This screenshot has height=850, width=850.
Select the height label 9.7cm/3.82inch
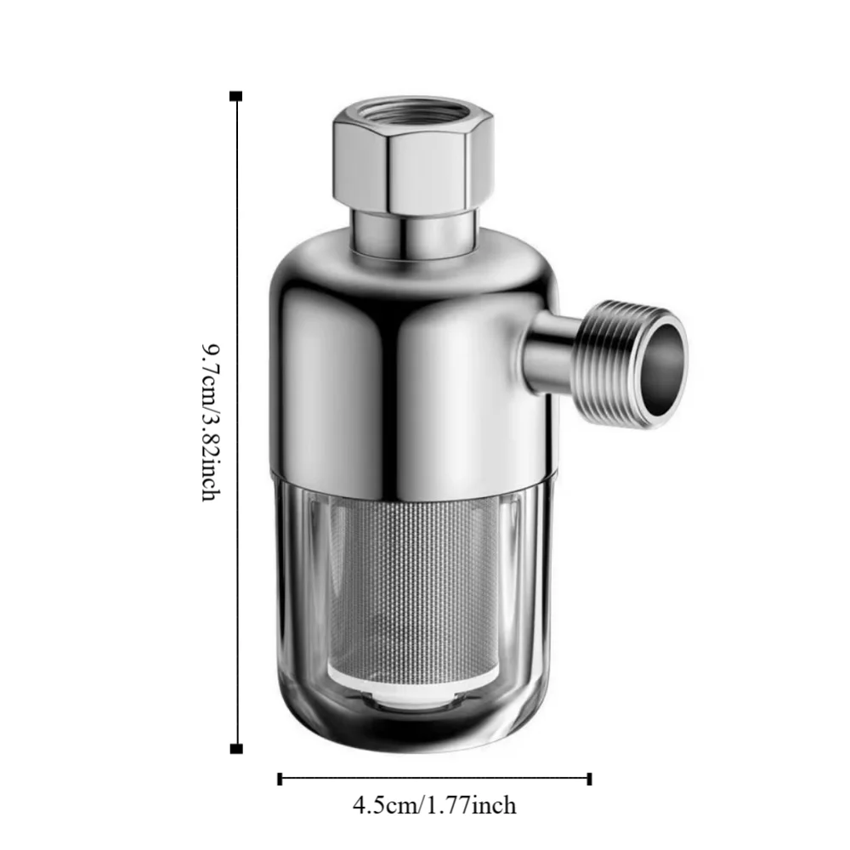click(x=212, y=422)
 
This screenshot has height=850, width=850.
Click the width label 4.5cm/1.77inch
click(x=434, y=804)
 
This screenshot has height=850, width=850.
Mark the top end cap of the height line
click(x=236, y=96)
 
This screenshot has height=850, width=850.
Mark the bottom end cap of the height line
click(x=236, y=748)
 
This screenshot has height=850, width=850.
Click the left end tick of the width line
click(x=280, y=778)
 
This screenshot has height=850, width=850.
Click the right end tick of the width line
click(x=590, y=778)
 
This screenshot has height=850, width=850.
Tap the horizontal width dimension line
click(x=434, y=778)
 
